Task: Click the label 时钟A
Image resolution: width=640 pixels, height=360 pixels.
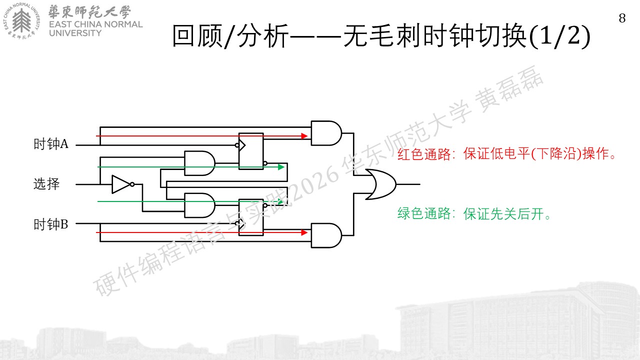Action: (x=51, y=144)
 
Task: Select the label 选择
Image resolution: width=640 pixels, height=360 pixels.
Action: (x=46, y=184)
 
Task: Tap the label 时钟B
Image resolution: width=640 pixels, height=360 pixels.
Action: (x=51, y=224)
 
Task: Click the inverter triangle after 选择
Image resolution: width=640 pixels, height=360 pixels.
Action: (x=121, y=184)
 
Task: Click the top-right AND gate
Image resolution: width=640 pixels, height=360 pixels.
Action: (x=326, y=133)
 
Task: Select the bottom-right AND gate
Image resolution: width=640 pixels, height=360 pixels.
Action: (x=326, y=235)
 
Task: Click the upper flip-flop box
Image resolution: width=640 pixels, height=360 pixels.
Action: (x=251, y=151)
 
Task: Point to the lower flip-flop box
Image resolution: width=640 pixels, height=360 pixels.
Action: (x=251, y=217)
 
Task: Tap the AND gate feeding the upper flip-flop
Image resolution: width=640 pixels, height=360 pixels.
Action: (x=199, y=163)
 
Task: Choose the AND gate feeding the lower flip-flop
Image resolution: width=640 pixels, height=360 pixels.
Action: (x=199, y=205)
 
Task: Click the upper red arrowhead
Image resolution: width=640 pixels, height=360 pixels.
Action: (x=304, y=136)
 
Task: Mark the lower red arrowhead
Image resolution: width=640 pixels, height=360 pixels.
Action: (x=304, y=232)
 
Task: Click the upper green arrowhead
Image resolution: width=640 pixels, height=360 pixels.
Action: (x=281, y=167)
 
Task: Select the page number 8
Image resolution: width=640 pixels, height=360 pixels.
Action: (x=622, y=18)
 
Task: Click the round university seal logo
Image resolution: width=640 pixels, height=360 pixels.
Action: (x=21, y=21)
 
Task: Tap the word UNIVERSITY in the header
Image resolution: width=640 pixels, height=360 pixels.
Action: (x=75, y=33)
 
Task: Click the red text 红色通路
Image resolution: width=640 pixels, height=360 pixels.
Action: (x=424, y=154)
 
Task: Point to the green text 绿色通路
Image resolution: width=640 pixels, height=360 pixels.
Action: (x=424, y=213)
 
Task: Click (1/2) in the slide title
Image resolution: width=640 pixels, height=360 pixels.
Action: (x=559, y=36)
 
